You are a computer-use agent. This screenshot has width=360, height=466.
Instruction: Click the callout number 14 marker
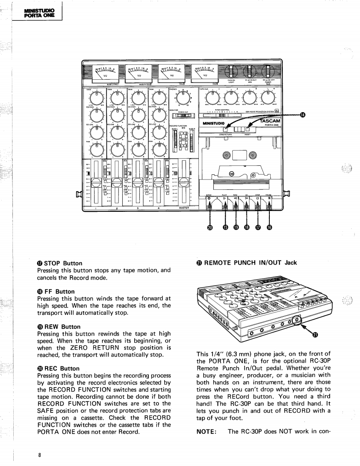click(x=303, y=115)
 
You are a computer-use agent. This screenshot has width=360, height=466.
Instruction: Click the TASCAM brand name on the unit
click(x=271, y=120)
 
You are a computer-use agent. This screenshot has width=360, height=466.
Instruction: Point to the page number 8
click(x=39, y=454)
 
